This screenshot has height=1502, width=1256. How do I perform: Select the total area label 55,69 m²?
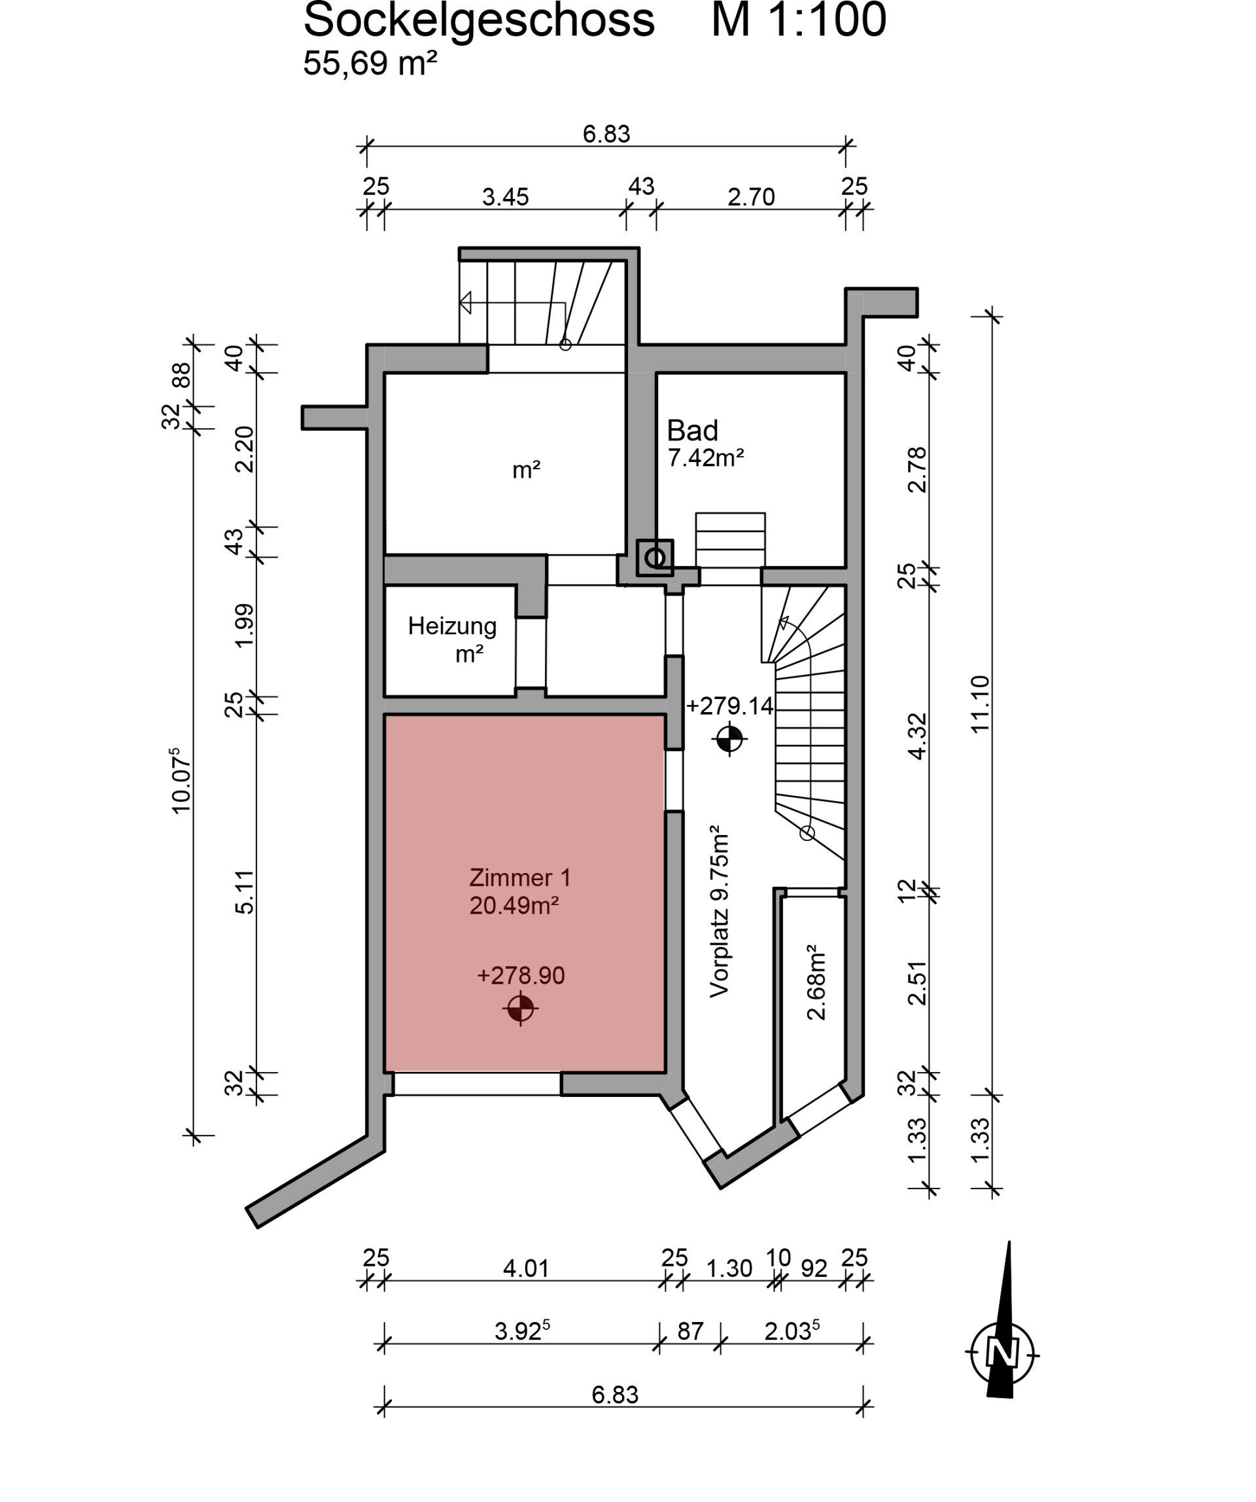(370, 63)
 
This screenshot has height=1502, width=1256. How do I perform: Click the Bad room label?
(692, 431)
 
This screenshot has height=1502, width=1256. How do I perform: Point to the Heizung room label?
(452, 626)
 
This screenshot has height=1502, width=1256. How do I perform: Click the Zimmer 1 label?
(519, 878)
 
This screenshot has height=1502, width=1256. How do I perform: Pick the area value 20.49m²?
(514, 906)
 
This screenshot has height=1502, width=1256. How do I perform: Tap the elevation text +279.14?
(729, 706)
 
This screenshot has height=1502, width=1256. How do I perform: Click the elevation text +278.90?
(521, 976)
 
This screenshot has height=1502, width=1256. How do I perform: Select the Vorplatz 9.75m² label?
(718, 912)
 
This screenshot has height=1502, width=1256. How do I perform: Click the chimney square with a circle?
(655, 557)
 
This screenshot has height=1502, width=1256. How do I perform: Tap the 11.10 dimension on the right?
(980, 703)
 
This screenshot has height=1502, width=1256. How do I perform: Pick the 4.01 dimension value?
(525, 1269)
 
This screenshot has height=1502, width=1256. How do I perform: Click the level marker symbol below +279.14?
(729, 739)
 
